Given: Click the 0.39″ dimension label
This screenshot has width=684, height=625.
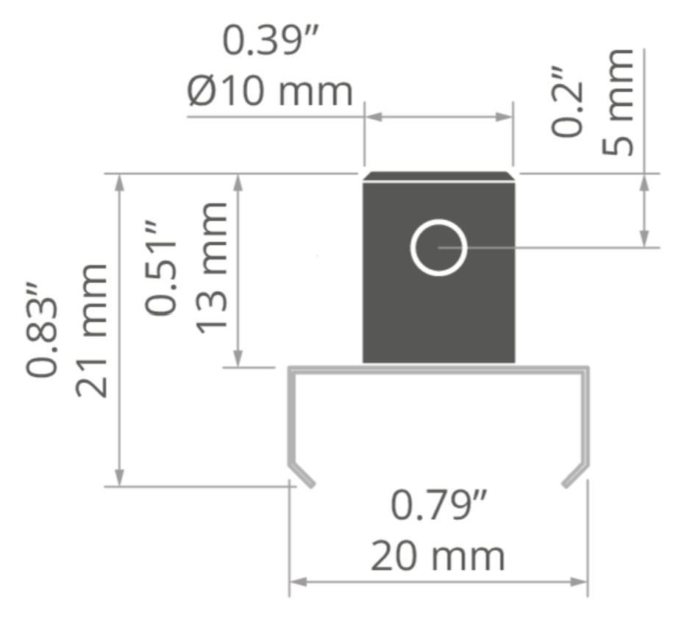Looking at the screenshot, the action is point(271,40).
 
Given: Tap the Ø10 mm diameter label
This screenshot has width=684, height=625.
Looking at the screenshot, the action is point(270,92).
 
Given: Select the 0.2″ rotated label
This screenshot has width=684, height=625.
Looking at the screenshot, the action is point(566,102).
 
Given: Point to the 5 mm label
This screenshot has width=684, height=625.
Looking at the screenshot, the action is point(617,102).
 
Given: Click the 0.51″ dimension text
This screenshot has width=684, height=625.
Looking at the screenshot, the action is point(160,268).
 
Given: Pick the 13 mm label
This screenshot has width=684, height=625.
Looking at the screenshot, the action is point(211,268).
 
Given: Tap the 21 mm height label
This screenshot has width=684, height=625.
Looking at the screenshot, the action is point(91,331).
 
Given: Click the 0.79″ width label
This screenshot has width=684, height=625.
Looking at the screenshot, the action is point(439,505).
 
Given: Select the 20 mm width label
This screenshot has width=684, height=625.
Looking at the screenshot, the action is point(438,556).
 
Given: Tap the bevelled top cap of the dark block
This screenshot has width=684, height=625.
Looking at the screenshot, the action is point(439,176).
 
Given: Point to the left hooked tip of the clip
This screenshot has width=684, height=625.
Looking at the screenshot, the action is point(311,484).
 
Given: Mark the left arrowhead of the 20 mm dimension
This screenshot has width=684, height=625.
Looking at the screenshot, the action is point(298,582).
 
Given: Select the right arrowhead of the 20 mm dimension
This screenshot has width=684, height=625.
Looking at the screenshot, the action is point(580,582).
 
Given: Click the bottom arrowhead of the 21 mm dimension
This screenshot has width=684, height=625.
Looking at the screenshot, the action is point(120,478).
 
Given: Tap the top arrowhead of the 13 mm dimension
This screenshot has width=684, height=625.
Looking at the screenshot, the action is point(238,183).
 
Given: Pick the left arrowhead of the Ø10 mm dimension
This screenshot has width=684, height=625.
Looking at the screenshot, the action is point(374,117).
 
